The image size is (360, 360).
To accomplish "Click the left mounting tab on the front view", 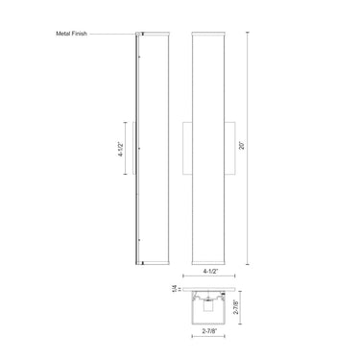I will tap(187, 149).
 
